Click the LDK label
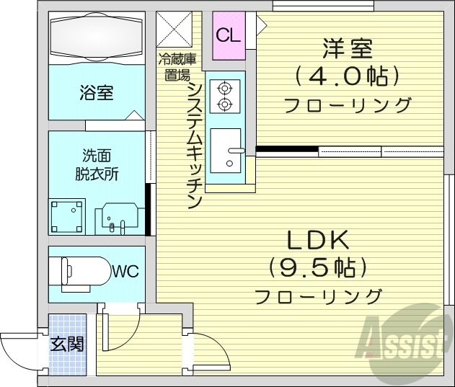point(319,239)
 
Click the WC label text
point(125,272)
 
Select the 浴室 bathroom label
point(96,93)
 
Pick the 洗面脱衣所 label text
point(97,165)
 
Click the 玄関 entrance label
point(67,344)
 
